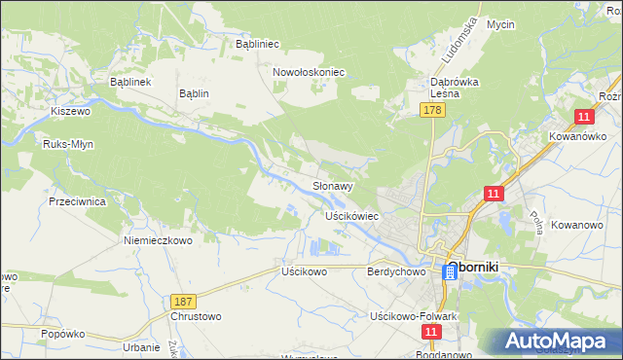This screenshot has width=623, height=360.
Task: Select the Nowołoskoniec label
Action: click(310, 72)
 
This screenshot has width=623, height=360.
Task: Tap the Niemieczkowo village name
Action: click(158, 239)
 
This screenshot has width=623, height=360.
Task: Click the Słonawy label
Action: click(332, 185)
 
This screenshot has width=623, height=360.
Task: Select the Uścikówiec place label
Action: click(351, 215)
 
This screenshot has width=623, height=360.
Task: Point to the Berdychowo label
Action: click(397, 272)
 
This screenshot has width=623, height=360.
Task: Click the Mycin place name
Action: click(500, 24)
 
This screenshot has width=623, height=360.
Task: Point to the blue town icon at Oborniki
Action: click(451, 272)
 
